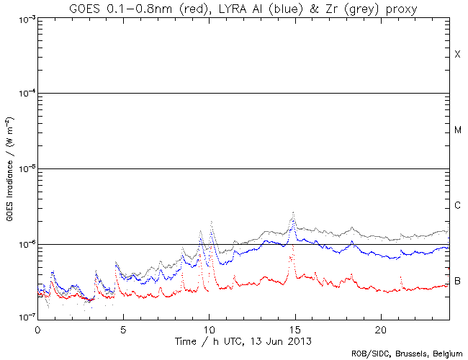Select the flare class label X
[x=457, y=55]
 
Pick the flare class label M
[x=457, y=130]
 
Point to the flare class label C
[x=457, y=206]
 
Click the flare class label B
[x=457, y=281]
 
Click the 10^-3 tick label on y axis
[x=24, y=19]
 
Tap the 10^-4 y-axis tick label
[x=24, y=94]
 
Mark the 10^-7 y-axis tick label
[x=24, y=318]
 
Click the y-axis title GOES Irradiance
[x=9, y=168]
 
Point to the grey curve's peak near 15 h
[x=293, y=213]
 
